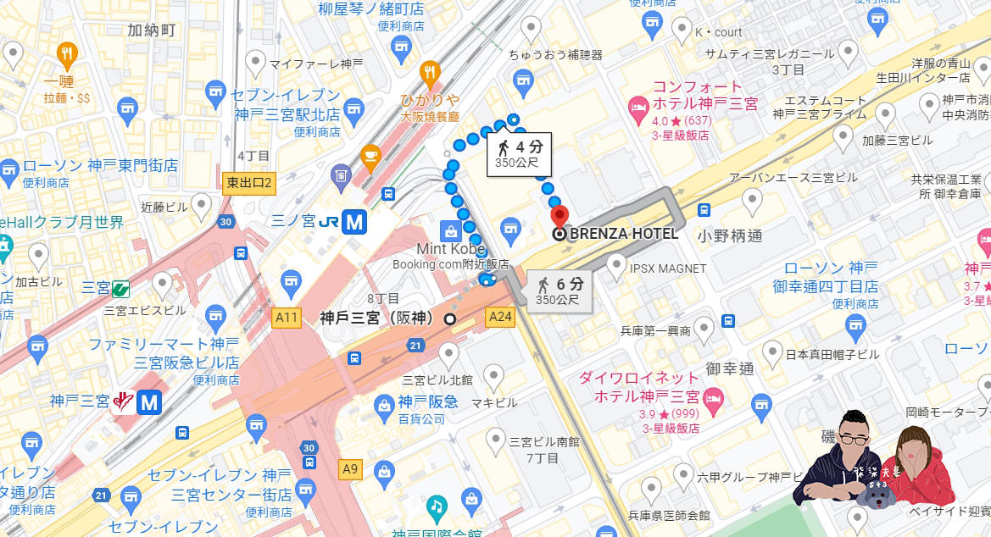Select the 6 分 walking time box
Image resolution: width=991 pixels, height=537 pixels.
tap(560, 291)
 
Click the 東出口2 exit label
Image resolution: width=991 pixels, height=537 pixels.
tap(250, 182)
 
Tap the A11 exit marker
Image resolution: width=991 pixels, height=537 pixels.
tap(287, 318)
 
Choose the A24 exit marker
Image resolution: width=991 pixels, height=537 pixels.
tap(501, 318)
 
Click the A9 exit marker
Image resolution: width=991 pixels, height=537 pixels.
tap(349, 467)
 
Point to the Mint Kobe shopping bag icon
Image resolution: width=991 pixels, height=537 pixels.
tap(447, 230)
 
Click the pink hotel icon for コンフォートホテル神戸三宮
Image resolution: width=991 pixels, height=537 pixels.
tap(637, 108)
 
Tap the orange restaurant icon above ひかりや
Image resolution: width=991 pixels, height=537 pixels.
tap(431, 75)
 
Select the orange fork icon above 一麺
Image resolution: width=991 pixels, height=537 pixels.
tap(67, 57)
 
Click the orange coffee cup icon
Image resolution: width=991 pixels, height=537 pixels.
tap(370, 154)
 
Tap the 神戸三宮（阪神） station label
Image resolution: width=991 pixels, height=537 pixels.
tap(376, 318)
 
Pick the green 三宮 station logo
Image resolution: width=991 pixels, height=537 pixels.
tap(120, 288)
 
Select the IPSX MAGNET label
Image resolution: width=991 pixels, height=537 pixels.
tap(668, 268)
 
